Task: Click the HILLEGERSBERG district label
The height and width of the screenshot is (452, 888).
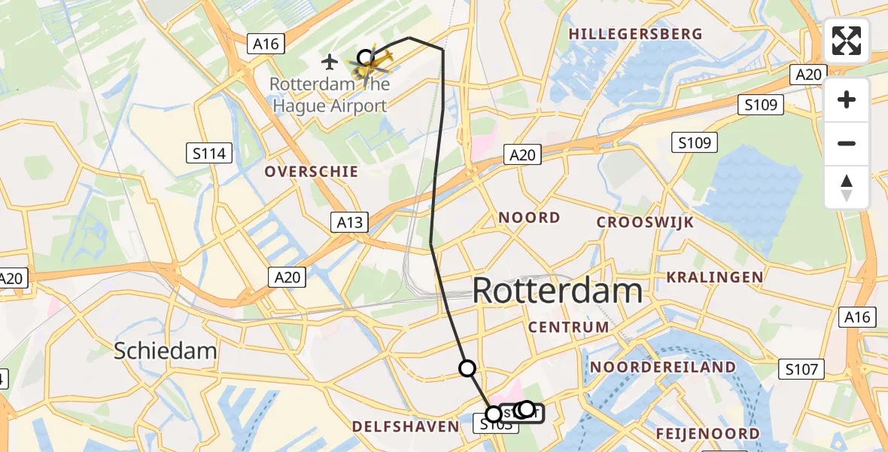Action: click(x=636, y=34)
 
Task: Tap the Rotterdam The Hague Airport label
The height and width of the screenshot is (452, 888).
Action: click(x=330, y=94)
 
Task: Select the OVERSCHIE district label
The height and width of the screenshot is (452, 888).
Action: click(x=311, y=172)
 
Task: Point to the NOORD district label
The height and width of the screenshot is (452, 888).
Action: click(x=530, y=218)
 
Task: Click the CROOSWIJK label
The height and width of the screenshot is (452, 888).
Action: click(x=645, y=222)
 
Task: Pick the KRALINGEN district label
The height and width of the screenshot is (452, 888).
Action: click(x=714, y=277)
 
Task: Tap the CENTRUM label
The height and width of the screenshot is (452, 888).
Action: click(x=568, y=327)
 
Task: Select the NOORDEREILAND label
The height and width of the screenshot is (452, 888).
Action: click(x=663, y=367)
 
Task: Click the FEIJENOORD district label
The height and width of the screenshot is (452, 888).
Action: click(x=707, y=433)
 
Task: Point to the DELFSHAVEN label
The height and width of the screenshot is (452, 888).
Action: click(x=406, y=426)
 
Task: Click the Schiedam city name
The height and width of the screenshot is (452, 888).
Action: click(x=165, y=350)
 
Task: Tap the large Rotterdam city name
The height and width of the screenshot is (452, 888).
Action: click(x=558, y=292)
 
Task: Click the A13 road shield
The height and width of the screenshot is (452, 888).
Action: click(x=349, y=222)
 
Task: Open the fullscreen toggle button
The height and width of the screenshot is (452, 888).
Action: click(x=847, y=41)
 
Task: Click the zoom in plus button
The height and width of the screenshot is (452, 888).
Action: click(x=847, y=99)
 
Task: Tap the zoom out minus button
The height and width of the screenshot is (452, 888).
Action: click(x=847, y=144)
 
